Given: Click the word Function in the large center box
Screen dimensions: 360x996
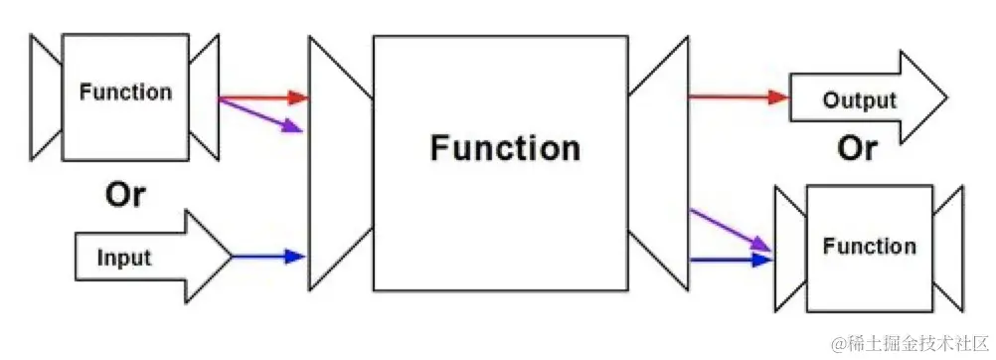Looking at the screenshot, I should [x=505, y=148].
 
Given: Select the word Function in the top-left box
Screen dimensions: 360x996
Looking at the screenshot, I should [x=125, y=92].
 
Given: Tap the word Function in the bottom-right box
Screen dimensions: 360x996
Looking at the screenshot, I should [x=869, y=246].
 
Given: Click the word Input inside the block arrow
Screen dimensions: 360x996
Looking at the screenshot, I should [x=124, y=258].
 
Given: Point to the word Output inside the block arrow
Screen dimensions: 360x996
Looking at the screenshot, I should [x=859, y=100].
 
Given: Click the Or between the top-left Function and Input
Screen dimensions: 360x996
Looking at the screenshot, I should [x=125, y=195].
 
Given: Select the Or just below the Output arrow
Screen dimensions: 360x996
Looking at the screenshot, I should [x=857, y=148].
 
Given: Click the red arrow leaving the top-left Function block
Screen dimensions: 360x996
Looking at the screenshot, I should [x=262, y=97].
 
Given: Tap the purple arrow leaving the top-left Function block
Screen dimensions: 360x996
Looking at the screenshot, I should [x=260, y=114].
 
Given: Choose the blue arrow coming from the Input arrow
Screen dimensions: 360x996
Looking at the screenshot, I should [x=268, y=257].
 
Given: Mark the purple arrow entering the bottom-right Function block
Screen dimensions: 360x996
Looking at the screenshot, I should [x=731, y=229].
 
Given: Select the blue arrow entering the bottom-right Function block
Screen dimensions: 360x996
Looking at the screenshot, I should [x=731, y=260].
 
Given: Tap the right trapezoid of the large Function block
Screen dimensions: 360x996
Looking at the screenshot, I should [x=659, y=163].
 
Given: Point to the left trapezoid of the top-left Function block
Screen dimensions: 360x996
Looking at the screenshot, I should [x=46, y=96].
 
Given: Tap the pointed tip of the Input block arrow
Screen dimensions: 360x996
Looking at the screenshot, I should [x=229, y=257].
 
